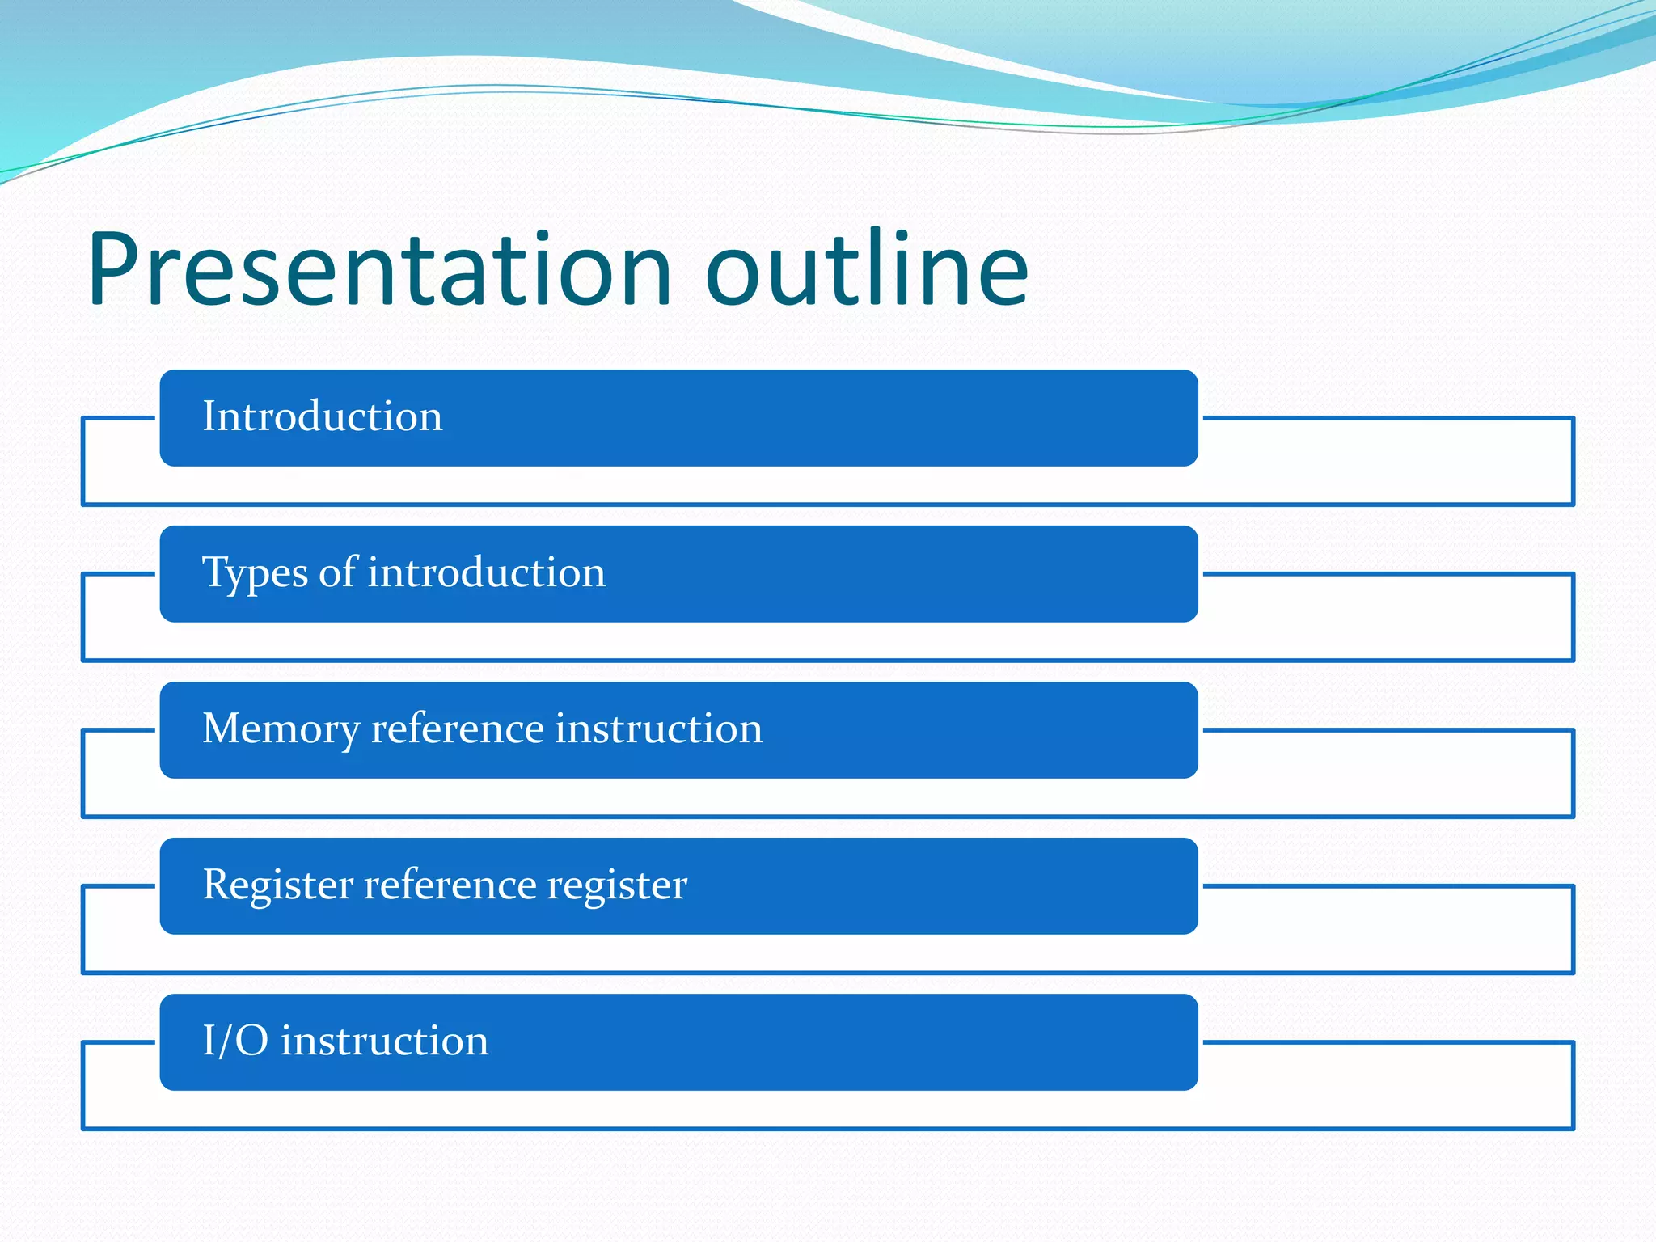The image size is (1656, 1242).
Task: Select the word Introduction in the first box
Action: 323,416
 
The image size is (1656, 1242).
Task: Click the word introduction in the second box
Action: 486,572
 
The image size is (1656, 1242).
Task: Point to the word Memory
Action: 281,729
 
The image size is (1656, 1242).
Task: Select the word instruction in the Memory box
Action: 658,729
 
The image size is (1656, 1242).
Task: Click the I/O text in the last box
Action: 234,1041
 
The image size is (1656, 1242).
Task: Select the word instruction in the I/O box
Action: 385,1041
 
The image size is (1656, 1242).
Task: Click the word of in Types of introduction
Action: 338,572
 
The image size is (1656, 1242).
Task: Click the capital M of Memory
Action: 222,729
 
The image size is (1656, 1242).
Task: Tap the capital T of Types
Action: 215,572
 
